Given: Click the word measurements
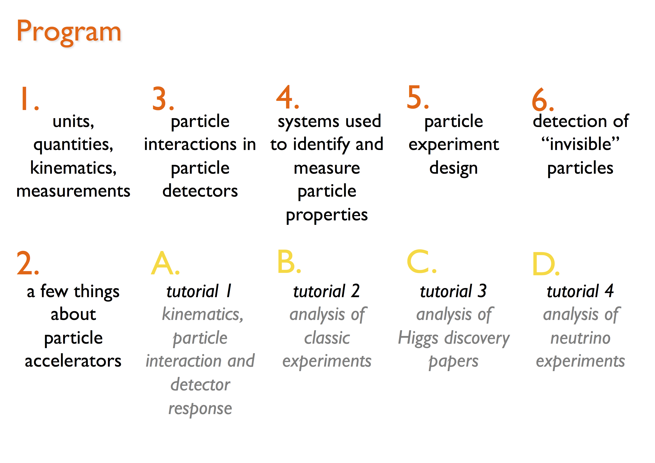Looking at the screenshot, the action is click(x=73, y=191).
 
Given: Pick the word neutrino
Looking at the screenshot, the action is click(x=580, y=338).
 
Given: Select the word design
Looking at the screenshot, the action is click(x=454, y=168).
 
